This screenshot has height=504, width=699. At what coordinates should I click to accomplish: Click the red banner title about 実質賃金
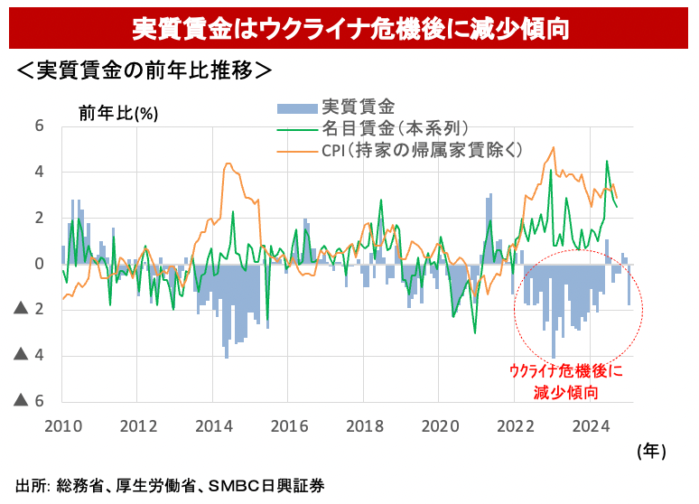point(349,26)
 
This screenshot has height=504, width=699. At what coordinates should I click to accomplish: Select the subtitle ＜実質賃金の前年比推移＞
point(144,70)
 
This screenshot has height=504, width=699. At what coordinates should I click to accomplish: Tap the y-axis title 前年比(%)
point(118,113)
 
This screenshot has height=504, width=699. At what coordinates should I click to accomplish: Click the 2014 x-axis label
point(212,425)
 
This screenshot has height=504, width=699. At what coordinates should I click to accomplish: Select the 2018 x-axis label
point(364,425)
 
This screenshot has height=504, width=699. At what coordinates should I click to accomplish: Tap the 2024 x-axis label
point(591,425)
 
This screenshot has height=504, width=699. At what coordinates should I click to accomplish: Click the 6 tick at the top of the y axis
point(39,126)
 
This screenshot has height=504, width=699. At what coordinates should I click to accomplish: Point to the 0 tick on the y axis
point(39,264)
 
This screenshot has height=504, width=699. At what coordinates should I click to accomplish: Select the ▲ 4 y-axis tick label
point(31,356)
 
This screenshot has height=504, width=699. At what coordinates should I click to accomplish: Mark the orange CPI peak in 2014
point(228,163)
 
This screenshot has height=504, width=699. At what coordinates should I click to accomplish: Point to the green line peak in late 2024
point(607,162)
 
